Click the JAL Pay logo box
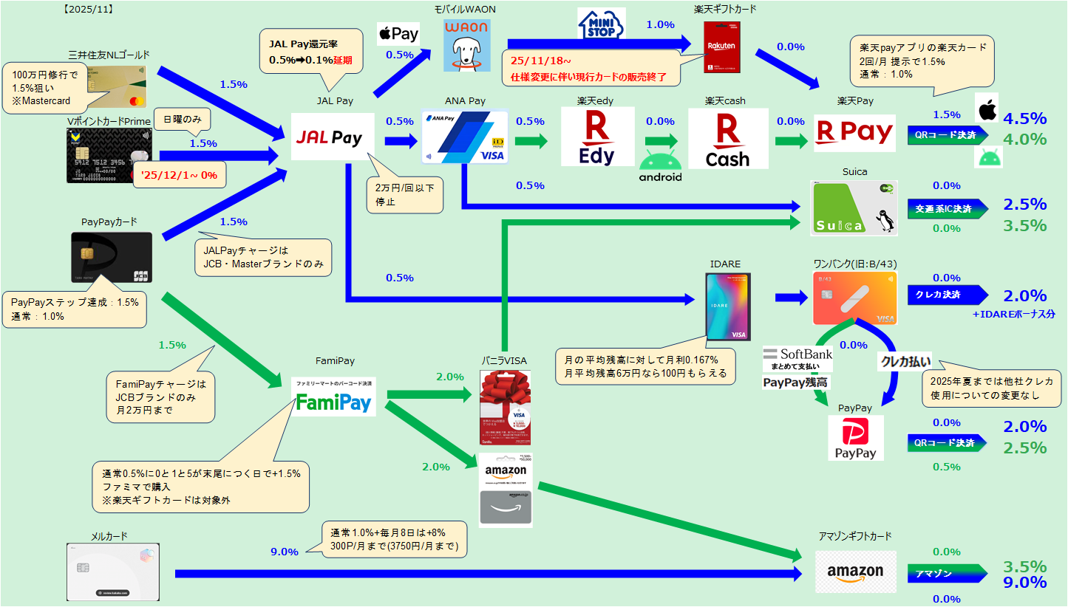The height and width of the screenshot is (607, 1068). click(x=328, y=137)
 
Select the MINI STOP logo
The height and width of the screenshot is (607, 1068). click(x=600, y=27)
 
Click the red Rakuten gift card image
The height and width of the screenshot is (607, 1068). click(x=722, y=47)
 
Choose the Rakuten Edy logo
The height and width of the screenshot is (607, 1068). click(x=596, y=137)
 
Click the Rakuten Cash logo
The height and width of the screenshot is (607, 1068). click(x=728, y=138)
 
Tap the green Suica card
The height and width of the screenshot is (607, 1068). click(x=854, y=208)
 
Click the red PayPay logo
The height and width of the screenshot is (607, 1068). click(x=855, y=437)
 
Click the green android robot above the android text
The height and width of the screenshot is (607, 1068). click(x=659, y=160)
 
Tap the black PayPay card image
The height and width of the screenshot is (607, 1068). click(x=112, y=258)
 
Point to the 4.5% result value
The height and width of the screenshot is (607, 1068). click(x=1024, y=118)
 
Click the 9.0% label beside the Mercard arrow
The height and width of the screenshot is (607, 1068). click(x=285, y=552)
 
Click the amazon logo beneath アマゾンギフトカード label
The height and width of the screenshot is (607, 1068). click(x=855, y=572)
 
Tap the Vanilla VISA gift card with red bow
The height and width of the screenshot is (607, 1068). click(x=505, y=408)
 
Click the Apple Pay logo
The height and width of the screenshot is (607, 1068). click(x=398, y=34)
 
